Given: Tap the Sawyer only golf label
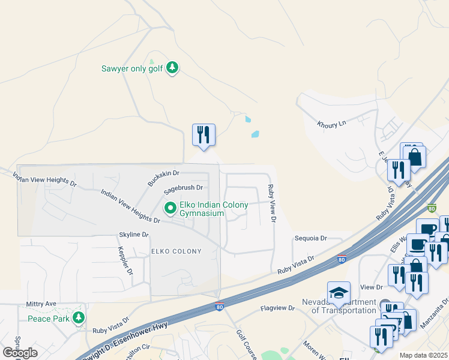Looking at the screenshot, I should (x=133, y=68).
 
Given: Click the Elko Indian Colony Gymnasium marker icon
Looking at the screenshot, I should (x=170, y=208).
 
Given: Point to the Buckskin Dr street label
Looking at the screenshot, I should (x=164, y=178).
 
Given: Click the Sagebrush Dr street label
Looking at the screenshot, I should (x=184, y=191).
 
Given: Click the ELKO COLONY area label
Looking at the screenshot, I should (x=176, y=251).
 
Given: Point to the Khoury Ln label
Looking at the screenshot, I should (x=332, y=124).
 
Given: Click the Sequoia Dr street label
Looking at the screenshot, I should (x=310, y=238).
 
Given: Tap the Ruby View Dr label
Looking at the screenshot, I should (x=272, y=204).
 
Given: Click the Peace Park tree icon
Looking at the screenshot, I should (x=78, y=317).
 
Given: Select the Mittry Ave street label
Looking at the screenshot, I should (x=41, y=304).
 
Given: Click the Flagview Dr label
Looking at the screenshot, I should (x=278, y=308).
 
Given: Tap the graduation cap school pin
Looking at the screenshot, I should (x=339, y=293).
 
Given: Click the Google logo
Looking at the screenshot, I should (x=20, y=353).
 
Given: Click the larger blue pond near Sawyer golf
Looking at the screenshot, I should (x=255, y=134).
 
